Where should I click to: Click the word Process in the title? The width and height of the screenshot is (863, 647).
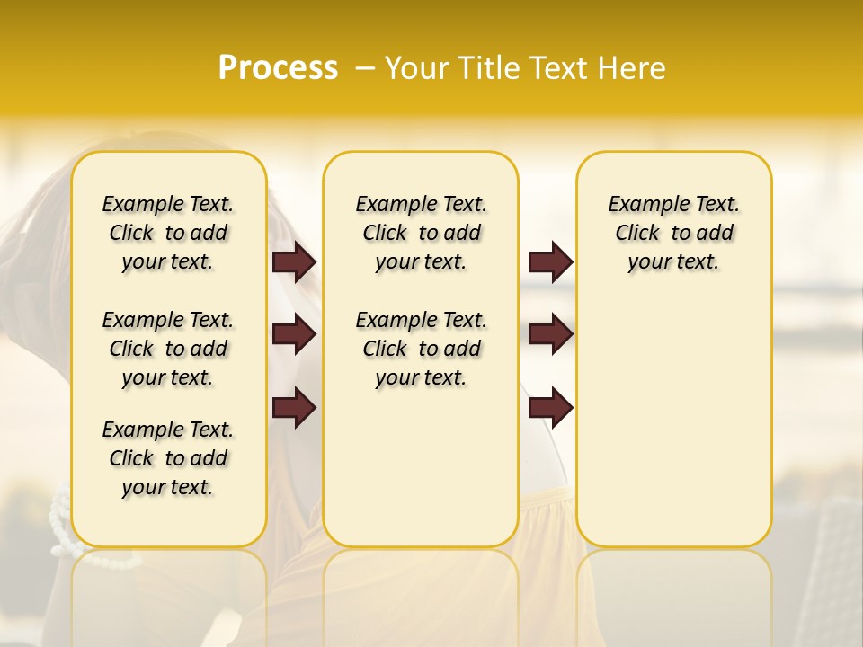278,68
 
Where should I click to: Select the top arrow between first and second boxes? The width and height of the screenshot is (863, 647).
294,261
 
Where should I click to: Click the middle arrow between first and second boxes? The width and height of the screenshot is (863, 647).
294,334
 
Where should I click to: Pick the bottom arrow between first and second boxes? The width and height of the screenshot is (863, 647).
294,408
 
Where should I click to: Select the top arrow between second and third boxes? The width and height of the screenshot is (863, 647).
550,261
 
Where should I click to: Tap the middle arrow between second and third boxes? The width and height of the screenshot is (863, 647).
550,334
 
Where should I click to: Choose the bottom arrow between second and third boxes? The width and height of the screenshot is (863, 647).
550,408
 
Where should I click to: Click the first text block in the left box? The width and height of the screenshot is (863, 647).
168,233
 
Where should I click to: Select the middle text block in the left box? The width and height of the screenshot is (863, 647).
168,349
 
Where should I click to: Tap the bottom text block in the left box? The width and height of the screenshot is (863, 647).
168,458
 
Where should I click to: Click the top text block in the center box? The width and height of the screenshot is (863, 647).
422,233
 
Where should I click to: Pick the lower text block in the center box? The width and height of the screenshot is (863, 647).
422,349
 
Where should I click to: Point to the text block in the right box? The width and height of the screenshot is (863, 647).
674,233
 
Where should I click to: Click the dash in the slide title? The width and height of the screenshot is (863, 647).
365,68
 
